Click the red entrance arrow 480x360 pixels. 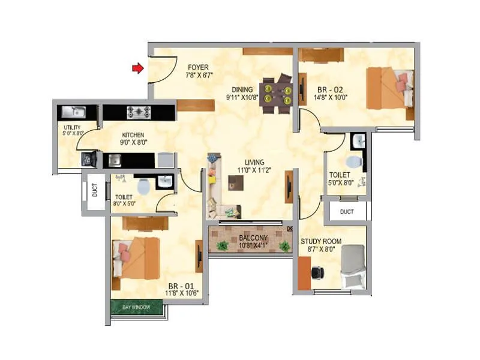[138, 69]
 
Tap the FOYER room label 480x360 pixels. [197, 67]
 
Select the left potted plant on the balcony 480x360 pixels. [223, 245]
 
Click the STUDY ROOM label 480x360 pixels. [321, 241]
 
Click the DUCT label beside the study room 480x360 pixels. [347, 212]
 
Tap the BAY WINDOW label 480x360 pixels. [135, 307]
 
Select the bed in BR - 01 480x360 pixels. [137, 256]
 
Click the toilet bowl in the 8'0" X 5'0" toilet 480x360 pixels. [143, 187]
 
